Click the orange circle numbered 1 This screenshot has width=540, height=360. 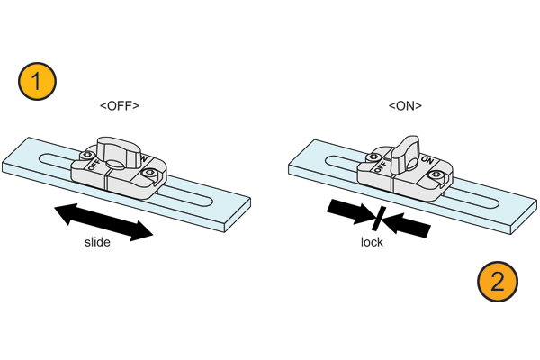37,81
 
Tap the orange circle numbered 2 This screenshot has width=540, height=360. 498,282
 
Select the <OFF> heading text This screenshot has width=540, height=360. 120,106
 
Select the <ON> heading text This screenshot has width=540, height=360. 405,106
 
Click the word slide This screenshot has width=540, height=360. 97,242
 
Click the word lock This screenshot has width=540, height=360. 372,242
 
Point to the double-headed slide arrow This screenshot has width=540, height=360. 103,222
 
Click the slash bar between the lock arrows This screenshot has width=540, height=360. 379,219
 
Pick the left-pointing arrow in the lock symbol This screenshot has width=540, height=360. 407,225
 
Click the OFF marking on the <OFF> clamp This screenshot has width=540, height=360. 94,164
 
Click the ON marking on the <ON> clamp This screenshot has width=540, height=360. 427,160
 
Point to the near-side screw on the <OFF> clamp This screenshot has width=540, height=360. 149,172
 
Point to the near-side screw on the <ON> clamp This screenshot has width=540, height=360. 435,176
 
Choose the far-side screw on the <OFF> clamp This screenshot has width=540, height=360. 87,155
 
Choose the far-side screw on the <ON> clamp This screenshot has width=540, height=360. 373,157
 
